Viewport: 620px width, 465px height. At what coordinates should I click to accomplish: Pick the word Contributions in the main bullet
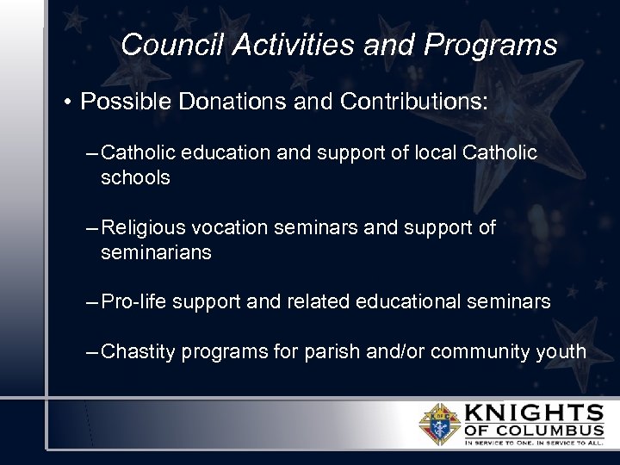414,102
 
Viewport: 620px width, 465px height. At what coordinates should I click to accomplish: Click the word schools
135,178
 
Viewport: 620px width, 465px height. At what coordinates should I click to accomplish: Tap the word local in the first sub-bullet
435,153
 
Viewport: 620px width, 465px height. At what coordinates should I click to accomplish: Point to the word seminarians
156,253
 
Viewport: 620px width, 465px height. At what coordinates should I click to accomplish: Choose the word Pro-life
135,302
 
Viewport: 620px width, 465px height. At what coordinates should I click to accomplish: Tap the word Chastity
138,351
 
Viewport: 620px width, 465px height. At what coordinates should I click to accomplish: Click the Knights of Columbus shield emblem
439,423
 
